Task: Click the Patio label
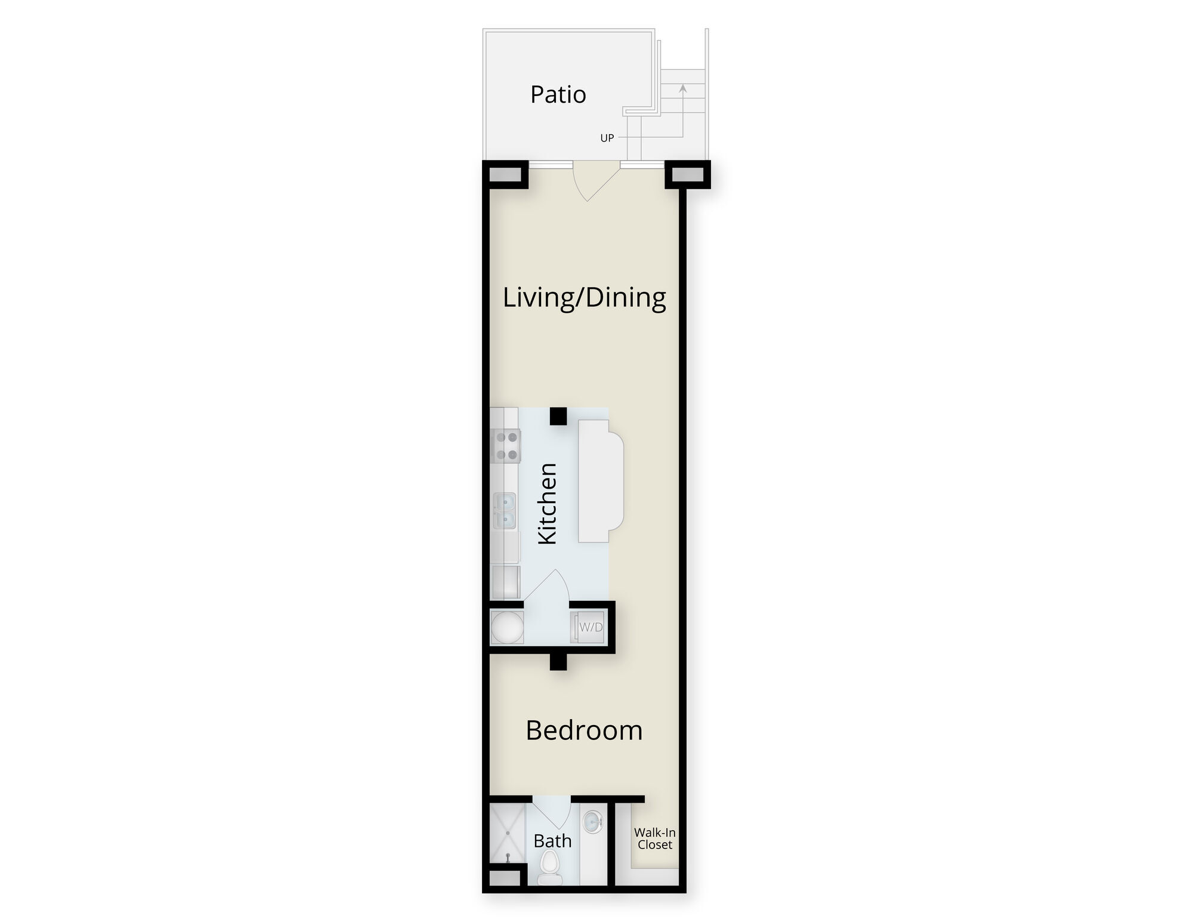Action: (x=558, y=95)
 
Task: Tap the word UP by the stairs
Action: (x=607, y=138)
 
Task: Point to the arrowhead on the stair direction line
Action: (x=683, y=88)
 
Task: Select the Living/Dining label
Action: (x=585, y=297)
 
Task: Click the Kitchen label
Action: (x=547, y=504)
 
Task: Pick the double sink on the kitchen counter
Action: (x=505, y=511)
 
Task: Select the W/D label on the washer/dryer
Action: (x=591, y=627)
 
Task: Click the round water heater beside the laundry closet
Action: (x=507, y=627)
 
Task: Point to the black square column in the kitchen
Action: (x=558, y=416)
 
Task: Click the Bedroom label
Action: (x=584, y=730)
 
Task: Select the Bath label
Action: (x=552, y=841)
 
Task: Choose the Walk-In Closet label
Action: (x=655, y=838)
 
